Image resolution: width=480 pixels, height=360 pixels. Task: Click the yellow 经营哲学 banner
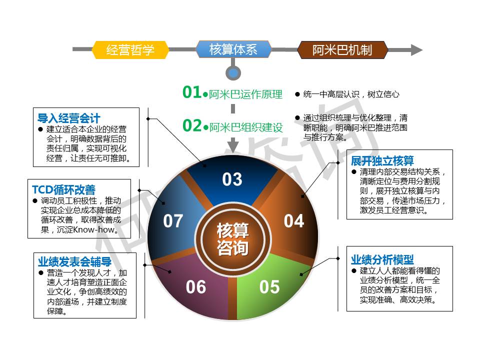(130, 49)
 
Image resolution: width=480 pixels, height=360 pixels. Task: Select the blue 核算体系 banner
(233, 49)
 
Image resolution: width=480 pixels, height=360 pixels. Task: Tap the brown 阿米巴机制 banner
(342, 49)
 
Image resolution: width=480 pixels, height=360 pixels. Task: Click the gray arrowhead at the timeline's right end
(416, 50)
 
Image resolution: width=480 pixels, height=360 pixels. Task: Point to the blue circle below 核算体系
(233, 73)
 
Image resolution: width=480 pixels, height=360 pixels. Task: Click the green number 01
(191, 92)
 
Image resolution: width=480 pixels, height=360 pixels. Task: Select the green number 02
(192, 125)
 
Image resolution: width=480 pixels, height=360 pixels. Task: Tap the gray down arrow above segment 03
(233, 145)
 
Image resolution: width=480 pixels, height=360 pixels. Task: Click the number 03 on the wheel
(232, 179)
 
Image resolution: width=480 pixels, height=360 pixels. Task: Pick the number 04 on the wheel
(294, 220)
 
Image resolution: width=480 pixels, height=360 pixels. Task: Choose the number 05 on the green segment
(269, 287)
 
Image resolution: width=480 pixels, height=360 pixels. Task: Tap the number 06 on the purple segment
(196, 287)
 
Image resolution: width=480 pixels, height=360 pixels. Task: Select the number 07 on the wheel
(173, 220)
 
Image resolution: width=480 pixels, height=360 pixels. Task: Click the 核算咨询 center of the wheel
(233, 239)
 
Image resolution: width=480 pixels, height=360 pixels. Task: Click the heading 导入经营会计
(69, 118)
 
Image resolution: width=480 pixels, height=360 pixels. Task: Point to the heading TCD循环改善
(63, 189)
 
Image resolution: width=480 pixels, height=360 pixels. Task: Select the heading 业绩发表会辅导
(74, 261)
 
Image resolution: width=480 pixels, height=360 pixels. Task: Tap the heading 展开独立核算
(382, 160)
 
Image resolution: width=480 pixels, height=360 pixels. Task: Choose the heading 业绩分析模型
(382, 259)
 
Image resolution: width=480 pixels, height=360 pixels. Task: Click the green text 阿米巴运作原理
(245, 94)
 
